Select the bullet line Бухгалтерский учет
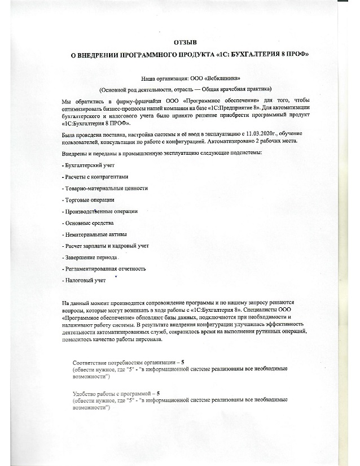pyautogui.click(x=86, y=164)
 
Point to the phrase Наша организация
pyautogui.click(x=159, y=78)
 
